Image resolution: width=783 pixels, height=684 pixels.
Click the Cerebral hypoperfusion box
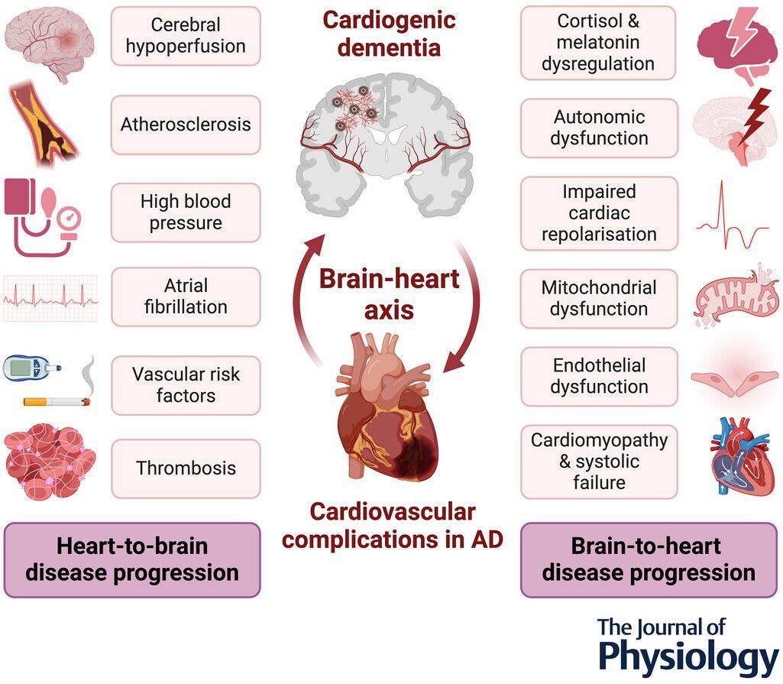186,36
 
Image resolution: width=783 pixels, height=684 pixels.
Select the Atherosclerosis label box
186,125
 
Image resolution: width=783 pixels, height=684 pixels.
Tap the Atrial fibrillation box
186,297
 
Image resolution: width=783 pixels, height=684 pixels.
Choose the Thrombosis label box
186,468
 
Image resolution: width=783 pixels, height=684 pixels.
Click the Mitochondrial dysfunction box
599,299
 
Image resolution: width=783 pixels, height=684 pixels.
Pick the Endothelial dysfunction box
599,376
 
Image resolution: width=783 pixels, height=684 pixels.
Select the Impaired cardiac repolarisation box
599,213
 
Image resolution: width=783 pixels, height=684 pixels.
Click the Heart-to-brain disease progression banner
133,559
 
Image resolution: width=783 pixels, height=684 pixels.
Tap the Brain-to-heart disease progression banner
649,559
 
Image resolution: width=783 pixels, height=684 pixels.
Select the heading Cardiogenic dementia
389,34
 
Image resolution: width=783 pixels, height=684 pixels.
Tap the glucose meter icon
28,368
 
